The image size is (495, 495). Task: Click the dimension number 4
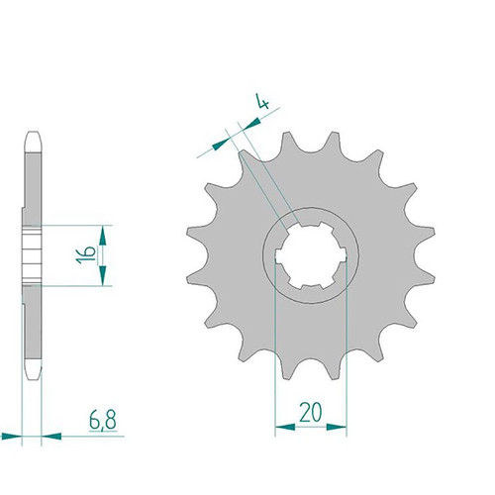[263, 101]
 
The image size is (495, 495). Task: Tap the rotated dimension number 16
[86, 254]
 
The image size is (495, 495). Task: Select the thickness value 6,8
[103, 420]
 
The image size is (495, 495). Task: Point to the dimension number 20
[310, 413]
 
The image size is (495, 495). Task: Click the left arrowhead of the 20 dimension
[285, 427]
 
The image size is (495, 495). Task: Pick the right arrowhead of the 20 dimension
[337, 427]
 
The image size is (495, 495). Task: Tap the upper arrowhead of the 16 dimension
[103, 236]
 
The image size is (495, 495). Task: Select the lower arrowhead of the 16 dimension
[103, 275]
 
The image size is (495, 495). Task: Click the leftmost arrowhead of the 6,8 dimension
[11, 437]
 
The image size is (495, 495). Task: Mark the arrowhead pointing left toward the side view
[51, 437]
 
